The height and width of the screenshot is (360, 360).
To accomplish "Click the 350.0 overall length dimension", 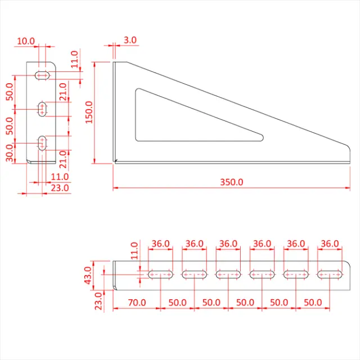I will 231,182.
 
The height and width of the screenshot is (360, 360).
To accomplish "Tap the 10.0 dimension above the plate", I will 26,41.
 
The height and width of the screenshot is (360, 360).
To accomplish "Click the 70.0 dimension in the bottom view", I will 137,302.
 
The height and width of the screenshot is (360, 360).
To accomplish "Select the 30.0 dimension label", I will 10,152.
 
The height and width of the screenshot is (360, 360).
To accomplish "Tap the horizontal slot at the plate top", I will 42,75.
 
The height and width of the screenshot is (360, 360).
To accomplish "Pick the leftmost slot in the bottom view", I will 161,274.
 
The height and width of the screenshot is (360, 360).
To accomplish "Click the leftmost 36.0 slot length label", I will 160,244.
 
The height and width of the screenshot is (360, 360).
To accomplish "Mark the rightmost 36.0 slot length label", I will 330,244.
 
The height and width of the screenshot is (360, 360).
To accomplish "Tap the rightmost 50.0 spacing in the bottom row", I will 313,302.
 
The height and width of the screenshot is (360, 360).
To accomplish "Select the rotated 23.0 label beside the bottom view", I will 99,301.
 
